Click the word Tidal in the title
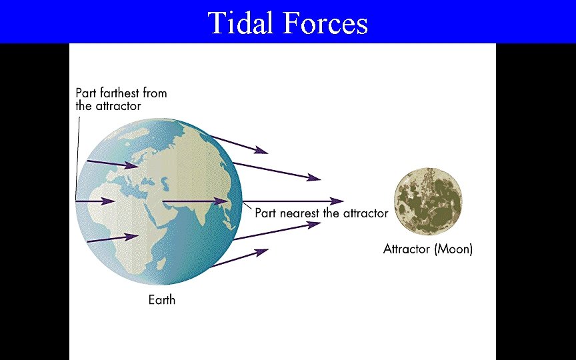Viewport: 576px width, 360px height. [241, 23]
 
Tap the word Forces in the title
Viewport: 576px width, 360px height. [325, 23]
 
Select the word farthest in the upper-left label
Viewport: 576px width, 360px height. [125, 93]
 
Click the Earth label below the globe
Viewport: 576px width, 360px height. [161, 300]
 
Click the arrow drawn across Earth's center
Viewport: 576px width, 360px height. [193, 201]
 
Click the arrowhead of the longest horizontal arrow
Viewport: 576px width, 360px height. [339, 200]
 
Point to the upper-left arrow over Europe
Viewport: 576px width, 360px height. [113, 163]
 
